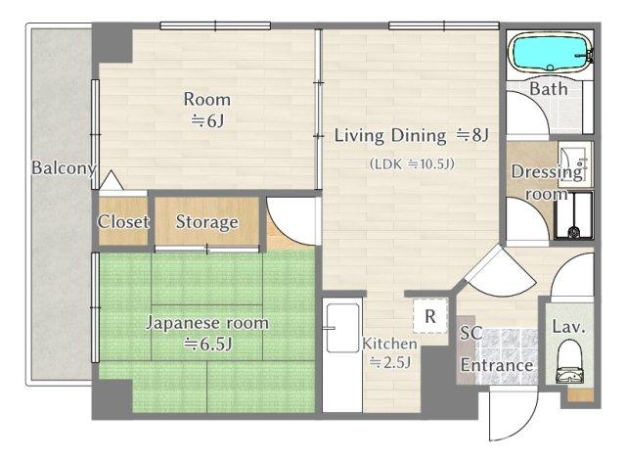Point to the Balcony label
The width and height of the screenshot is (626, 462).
coord(63,167)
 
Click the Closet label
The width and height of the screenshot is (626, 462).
coord(123,222)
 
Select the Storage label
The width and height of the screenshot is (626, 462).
coord(206,222)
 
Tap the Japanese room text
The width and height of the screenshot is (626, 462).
coord(206,322)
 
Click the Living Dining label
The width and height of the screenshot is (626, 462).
coord(411,135)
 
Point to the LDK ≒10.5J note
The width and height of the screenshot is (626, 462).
coord(411,163)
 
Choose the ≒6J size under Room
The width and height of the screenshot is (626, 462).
coord(207,120)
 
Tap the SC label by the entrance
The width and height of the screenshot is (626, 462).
coord(471,333)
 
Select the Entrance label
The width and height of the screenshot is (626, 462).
coord(497,366)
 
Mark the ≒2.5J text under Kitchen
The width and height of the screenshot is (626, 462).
coord(389,363)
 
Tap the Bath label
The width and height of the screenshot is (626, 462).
coord(548,89)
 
